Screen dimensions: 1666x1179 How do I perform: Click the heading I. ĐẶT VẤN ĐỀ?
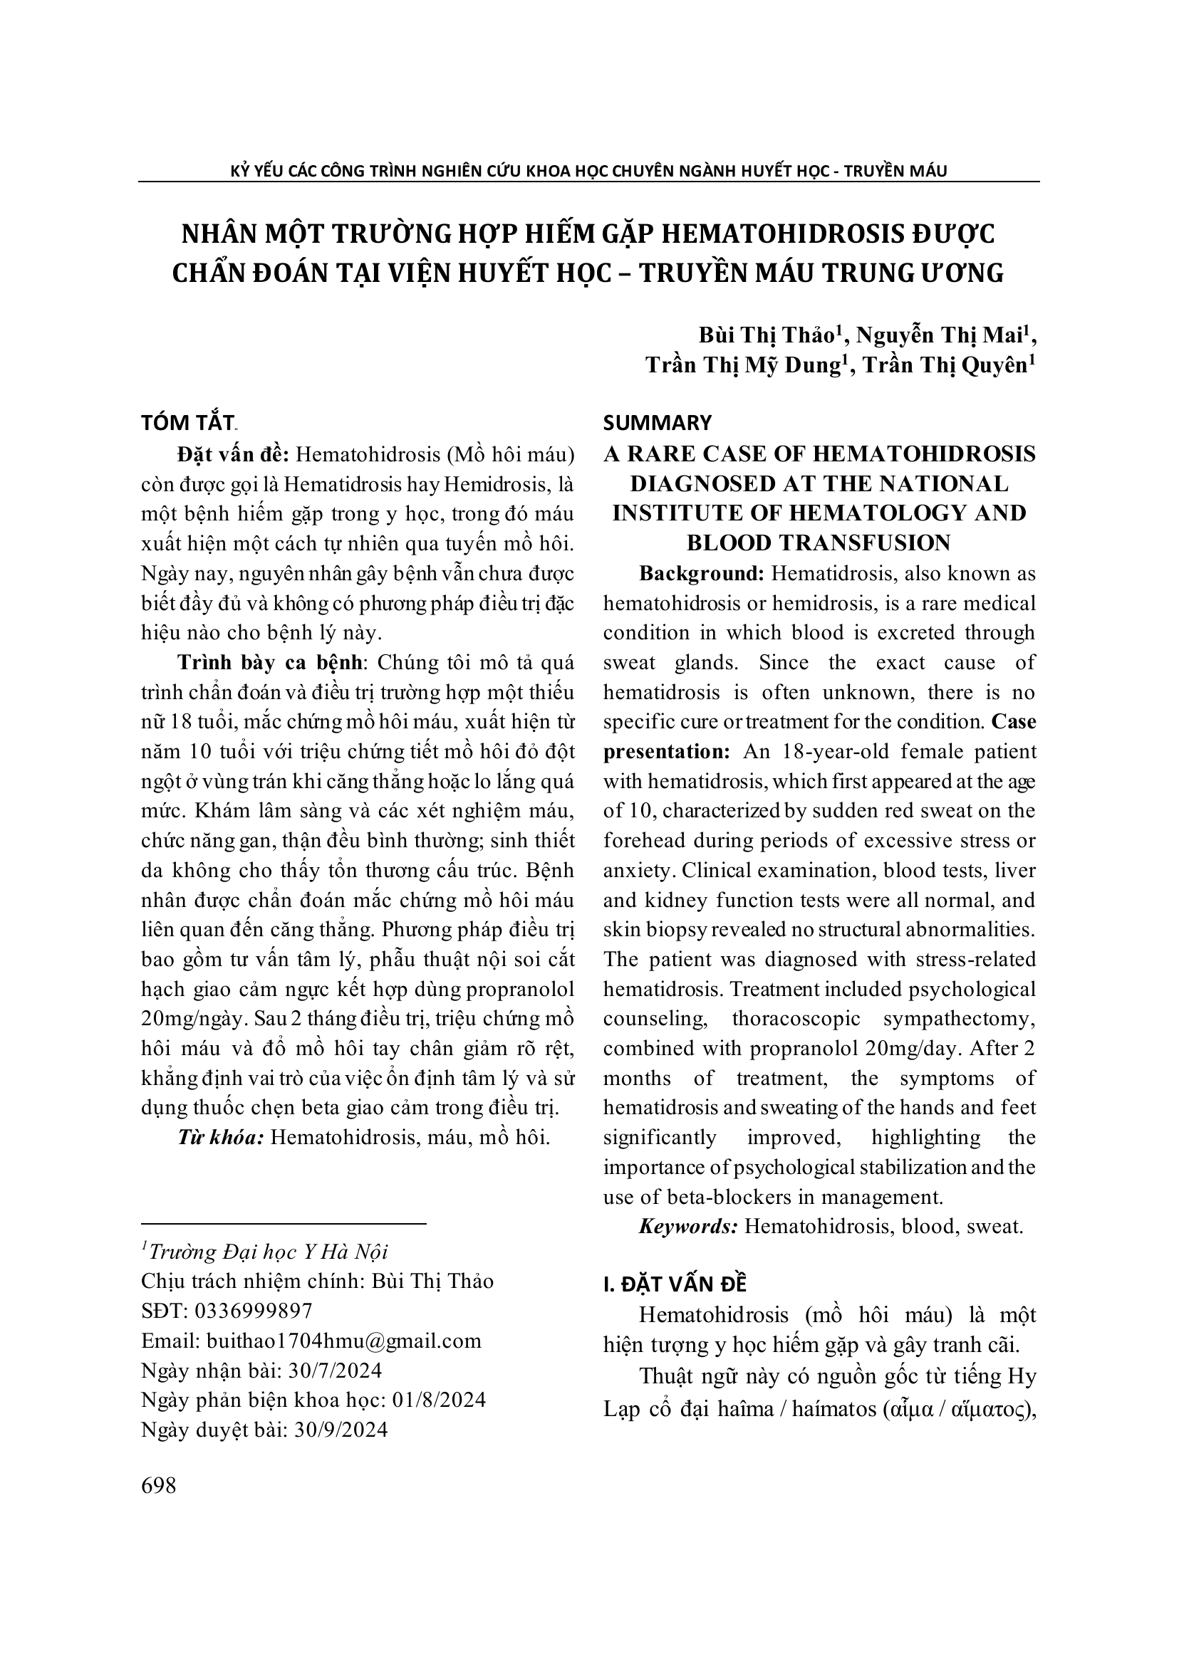pyautogui.click(x=675, y=1284)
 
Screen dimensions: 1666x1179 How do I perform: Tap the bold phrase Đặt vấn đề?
pyautogui.click(x=233, y=454)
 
